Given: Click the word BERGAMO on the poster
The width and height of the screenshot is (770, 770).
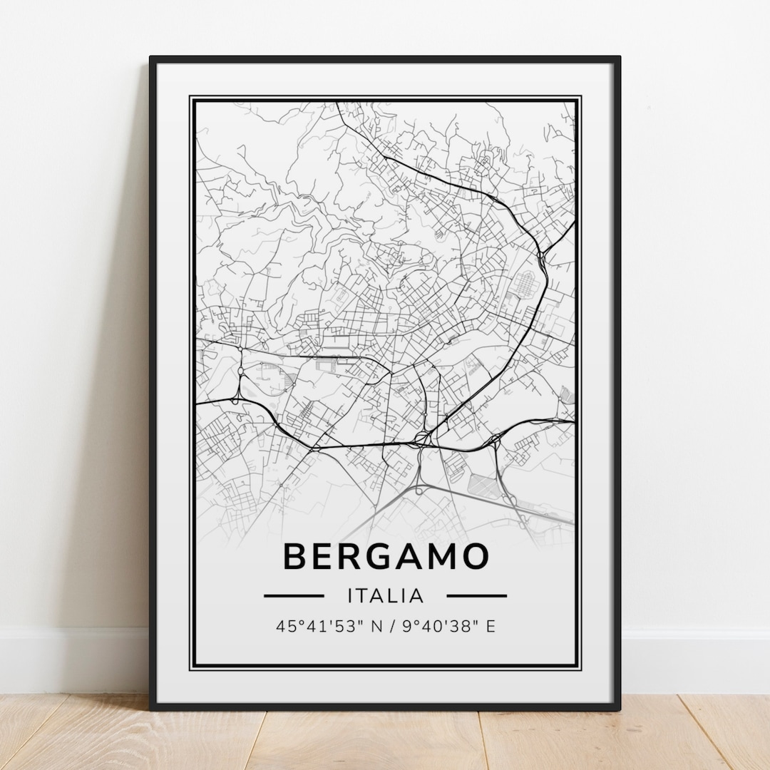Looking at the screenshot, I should (386, 556).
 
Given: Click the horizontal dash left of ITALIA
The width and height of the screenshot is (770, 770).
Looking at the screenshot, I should (294, 595).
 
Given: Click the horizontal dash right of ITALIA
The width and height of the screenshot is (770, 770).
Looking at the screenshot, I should (477, 595).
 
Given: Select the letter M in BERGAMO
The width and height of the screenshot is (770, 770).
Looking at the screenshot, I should (442, 556).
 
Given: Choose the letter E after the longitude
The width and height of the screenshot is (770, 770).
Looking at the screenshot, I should (491, 627).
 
